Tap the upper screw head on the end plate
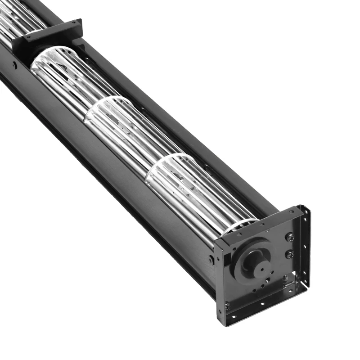[290, 237]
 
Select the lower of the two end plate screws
[290, 255]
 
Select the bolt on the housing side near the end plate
[211, 260]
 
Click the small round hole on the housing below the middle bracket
[15, 66]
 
